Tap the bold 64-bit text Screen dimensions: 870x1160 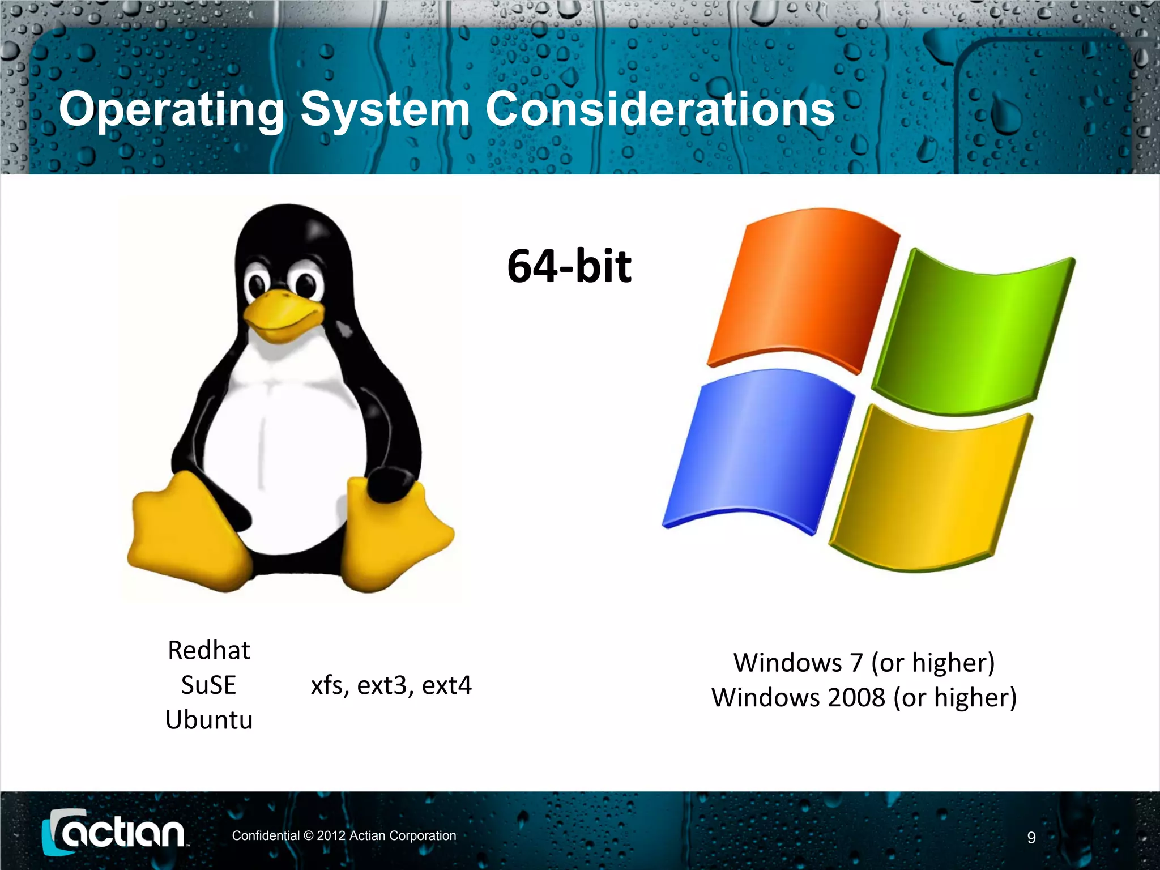pos(569,266)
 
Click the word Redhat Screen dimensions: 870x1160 pos(208,650)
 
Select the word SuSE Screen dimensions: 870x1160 pos(208,685)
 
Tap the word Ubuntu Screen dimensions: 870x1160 pos(208,720)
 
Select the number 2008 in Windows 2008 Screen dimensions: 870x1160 pos(856,697)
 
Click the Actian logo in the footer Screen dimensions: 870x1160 pos(113,833)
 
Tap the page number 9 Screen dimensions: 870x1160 pos(1031,838)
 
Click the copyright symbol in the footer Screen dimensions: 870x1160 pos(308,836)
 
